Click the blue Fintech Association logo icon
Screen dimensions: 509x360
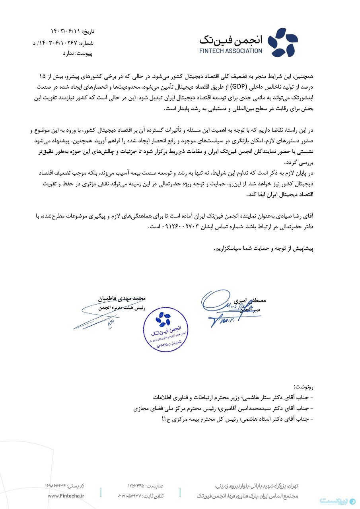point(282,42)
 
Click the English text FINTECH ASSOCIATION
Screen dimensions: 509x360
point(231,51)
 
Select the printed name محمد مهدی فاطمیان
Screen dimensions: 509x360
point(122,297)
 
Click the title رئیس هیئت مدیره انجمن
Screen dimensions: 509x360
point(118,307)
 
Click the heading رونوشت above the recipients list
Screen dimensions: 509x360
point(304,386)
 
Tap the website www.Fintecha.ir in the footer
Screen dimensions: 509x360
point(66,495)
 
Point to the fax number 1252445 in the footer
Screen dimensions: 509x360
point(137,486)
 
